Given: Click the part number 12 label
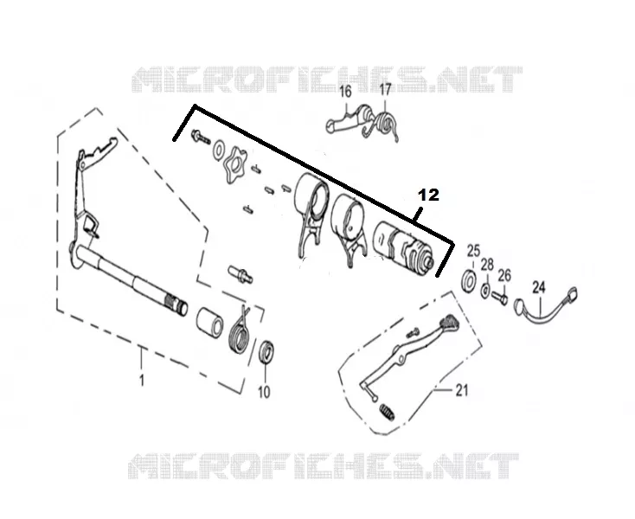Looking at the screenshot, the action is coord(429,195).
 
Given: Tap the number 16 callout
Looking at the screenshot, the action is coord(345,92).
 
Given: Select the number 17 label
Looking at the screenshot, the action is coord(385,89).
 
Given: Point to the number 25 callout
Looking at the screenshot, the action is coord(473,251).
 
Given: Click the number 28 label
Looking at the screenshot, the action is coord(487,266).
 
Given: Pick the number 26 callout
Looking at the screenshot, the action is coord(504,276).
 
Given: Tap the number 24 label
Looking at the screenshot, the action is coord(539,287).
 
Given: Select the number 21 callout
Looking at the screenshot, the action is coord(462,390).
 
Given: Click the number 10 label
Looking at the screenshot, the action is coord(264,392).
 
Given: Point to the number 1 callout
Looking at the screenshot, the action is coord(142,380).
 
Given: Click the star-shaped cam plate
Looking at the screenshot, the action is coord(234,165).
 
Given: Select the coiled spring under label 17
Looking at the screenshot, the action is coord(384,122).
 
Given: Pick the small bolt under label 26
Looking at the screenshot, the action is coord(500,298).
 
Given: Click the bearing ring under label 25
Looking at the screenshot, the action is coord(469,279).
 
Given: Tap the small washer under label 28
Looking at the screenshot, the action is coord(484,291).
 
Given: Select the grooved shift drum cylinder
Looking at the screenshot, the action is coord(403,247).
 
